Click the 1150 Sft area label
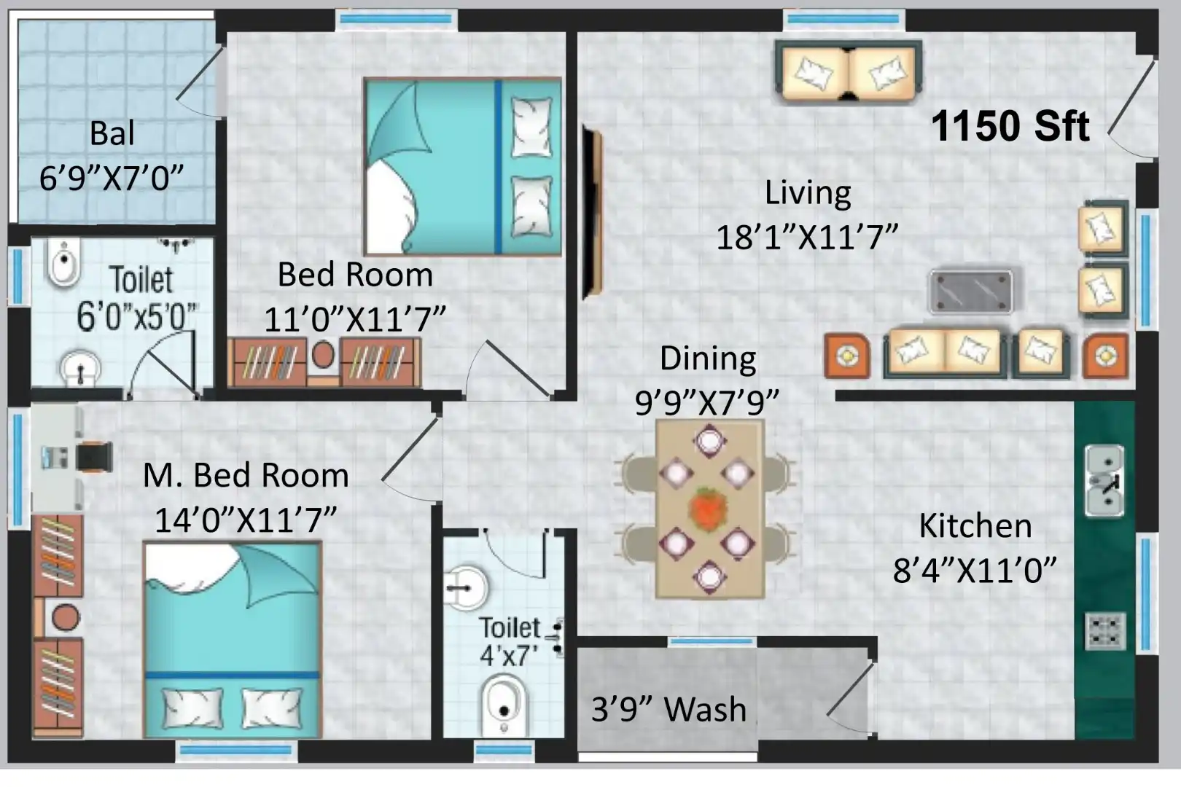1010,127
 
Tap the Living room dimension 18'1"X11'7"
807,238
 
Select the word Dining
708,360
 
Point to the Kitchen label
975,525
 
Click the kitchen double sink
1104,481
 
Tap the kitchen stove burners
1105,630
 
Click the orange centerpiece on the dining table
709,509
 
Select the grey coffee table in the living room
970,291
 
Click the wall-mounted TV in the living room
592,213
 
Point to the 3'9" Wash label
669,710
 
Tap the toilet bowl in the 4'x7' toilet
504,704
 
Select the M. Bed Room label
246,475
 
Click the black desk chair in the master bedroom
94,456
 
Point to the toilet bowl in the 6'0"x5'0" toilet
64,262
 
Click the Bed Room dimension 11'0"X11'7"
354,319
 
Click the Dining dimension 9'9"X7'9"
707,403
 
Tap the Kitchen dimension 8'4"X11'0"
974,571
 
